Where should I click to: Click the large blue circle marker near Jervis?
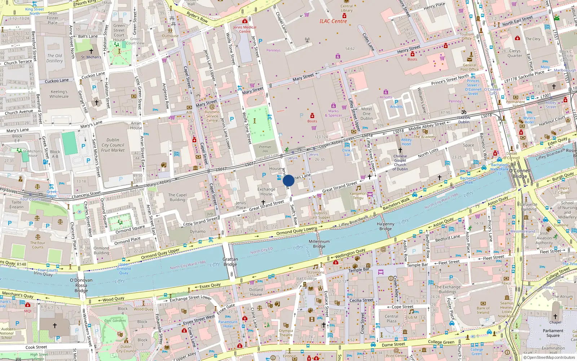(288, 180)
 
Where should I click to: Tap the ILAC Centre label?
(333, 21)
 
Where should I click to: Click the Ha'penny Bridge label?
(386, 226)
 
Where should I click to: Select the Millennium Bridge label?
(319, 244)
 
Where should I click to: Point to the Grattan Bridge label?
(230, 262)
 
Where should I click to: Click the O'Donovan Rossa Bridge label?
(81, 285)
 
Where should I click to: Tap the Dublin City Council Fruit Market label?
(113, 145)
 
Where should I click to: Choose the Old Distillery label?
(54, 58)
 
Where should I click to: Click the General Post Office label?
(470, 67)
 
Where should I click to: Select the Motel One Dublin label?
(366, 114)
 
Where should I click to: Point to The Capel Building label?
(177, 197)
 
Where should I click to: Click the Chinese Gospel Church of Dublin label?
(400, 162)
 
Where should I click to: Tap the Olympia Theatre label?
(286, 332)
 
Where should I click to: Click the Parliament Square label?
(553, 333)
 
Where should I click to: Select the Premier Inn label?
(265, 149)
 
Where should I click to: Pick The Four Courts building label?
(38, 245)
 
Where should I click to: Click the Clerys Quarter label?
(515, 53)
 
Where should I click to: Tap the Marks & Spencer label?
(334, 113)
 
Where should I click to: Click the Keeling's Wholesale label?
(59, 94)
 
